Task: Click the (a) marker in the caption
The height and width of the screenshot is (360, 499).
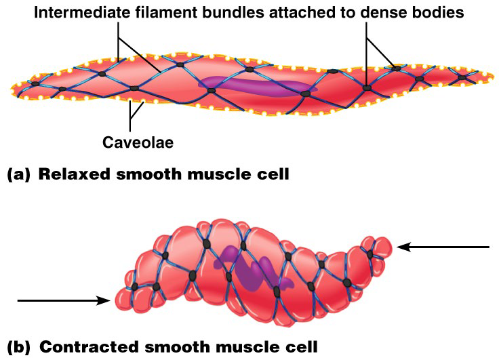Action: coord(18,175)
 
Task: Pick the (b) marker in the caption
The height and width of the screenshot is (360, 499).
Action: coord(18,346)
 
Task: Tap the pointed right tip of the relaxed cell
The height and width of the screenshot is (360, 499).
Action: coord(491,74)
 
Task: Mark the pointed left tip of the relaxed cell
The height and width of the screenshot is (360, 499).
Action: coord(12,87)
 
